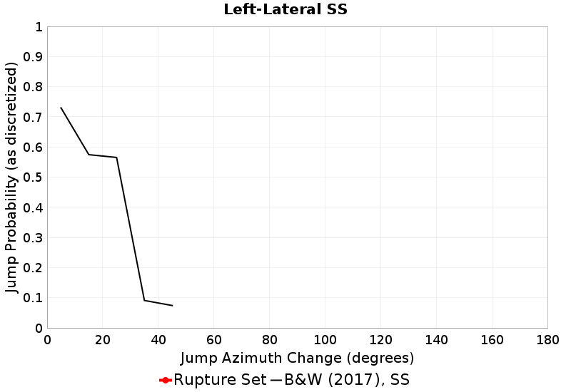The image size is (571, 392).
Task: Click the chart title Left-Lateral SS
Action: click(285, 10)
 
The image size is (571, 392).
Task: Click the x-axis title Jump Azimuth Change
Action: click(297, 357)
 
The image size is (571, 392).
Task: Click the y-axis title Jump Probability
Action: click(11, 177)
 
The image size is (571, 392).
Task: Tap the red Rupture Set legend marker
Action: click(165, 380)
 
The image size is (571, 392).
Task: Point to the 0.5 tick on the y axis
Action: click(33, 177)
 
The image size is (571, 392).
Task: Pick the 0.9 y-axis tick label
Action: click(33, 57)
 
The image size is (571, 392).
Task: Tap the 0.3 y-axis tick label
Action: click(33, 238)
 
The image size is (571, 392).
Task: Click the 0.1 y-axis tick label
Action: click(33, 298)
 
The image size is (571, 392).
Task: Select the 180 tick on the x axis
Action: click(547, 340)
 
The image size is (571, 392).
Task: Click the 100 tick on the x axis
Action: click(325, 340)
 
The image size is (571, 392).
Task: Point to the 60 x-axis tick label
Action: click(214, 340)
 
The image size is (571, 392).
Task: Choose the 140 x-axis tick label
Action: click(436, 340)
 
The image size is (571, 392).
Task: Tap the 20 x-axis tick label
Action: click(103, 340)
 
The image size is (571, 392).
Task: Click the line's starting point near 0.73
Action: click(61, 108)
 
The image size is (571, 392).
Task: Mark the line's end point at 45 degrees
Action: click(172, 306)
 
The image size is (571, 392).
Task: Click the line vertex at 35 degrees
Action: click(144, 300)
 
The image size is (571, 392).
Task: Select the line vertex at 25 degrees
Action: click(116, 158)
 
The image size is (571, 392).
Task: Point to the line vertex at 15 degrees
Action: click(89, 155)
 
